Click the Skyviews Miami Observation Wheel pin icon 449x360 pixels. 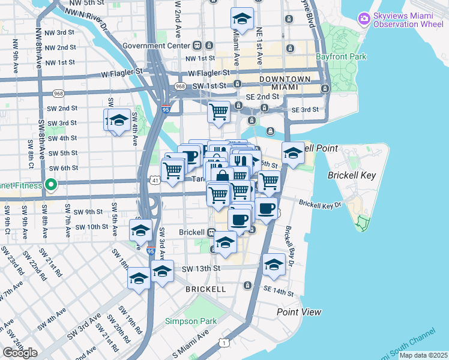click(363, 19)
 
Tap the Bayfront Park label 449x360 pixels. click(341, 58)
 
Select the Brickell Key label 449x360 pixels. click(351, 176)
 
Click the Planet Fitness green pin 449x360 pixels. click(52, 184)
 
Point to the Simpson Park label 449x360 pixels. click(191, 321)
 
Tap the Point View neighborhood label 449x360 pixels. click(298, 312)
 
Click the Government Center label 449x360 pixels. click(155, 45)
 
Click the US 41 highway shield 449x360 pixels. click(155, 180)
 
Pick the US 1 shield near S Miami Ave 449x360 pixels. click(224, 343)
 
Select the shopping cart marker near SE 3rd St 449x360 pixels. click(218, 112)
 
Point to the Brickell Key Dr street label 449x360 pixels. click(320, 205)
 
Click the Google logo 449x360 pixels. click(20, 353)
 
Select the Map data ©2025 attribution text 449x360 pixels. click(422, 355)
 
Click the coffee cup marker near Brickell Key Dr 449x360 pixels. click(266, 208)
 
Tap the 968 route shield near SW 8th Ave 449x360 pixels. click(58, 94)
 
